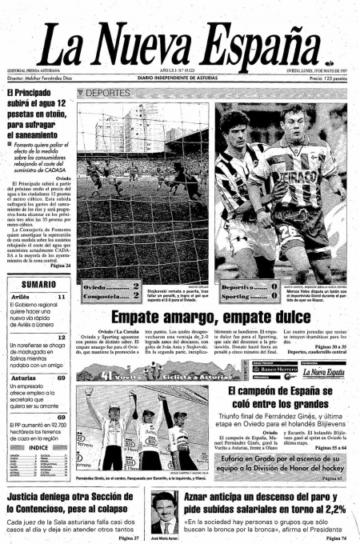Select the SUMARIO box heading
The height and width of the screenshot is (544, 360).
point(38,284)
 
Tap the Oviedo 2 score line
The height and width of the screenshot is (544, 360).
point(113,285)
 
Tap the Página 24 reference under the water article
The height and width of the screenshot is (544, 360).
point(60,264)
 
